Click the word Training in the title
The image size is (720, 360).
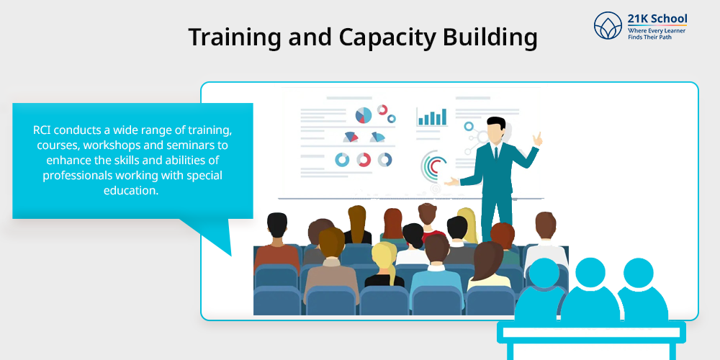click(x=235, y=38)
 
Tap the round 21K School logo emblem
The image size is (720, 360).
click(x=608, y=26)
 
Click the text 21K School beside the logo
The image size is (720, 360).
click(x=657, y=19)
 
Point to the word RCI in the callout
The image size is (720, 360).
click(x=42, y=130)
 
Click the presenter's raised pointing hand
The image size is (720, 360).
click(x=537, y=138)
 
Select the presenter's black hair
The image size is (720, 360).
click(x=496, y=123)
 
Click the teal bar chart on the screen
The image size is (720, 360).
click(x=431, y=117)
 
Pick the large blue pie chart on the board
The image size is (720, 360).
click(x=363, y=115)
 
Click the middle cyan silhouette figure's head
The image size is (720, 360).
click(x=590, y=273)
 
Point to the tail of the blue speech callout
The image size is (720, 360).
click(x=211, y=235)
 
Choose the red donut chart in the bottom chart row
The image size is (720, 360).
click(x=364, y=160)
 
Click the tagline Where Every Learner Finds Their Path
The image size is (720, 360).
click(x=657, y=33)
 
